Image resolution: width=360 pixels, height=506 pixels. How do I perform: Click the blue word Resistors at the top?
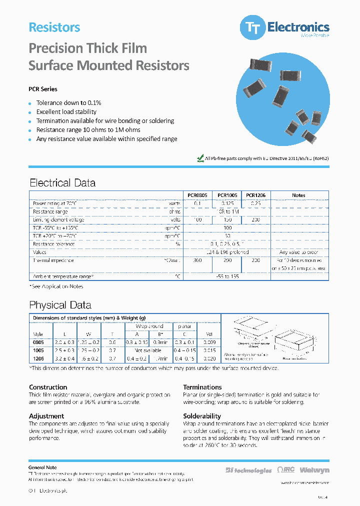click(x=54, y=27)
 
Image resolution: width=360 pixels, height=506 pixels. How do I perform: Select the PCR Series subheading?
click(x=43, y=89)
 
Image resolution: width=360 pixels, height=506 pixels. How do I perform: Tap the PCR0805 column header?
click(x=197, y=195)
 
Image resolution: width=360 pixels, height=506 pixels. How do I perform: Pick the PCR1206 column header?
click(x=255, y=195)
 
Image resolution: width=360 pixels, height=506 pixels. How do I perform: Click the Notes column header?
click(x=298, y=195)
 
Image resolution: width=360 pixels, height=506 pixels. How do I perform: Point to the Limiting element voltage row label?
click(x=58, y=220)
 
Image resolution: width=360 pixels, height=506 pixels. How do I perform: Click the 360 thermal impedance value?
click(x=197, y=260)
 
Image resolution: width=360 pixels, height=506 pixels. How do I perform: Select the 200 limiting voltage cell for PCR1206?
click(x=255, y=220)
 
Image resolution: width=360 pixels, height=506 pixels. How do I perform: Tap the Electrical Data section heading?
click(x=62, y=183)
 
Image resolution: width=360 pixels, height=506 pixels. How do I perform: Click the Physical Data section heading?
click(x=60, y=305)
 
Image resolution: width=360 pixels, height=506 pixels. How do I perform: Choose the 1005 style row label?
click(x=38, y=351)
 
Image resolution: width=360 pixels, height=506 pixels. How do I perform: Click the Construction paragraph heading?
click(x=48, y=387)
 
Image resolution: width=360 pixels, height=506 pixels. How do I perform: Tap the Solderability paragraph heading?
click(x=202, y=416)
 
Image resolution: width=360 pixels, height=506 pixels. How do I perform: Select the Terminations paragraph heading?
click(x=202, y=387)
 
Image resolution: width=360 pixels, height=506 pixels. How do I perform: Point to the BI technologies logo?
click(x=248, y=470)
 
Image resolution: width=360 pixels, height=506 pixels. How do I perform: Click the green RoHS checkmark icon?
click(x=200, y=158)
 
